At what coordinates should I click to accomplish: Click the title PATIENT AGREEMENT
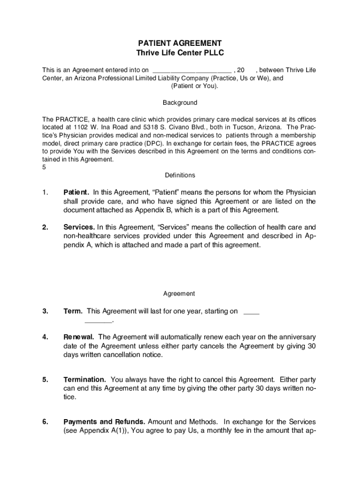180,43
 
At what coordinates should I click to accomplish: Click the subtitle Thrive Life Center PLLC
180,53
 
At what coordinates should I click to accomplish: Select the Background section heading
180,102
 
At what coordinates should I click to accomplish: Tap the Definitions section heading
180,175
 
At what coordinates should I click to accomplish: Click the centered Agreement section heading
179,294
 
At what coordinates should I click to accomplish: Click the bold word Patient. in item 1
76,192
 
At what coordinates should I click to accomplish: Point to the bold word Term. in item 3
73,311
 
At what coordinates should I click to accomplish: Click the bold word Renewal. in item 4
79,337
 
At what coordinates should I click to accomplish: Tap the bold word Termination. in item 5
85,379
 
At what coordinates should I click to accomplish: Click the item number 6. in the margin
45,422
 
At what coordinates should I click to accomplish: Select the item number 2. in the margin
45,227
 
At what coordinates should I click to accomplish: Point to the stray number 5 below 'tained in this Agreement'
44,167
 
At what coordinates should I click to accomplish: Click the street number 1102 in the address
80,127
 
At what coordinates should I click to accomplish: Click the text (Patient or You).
194,87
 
